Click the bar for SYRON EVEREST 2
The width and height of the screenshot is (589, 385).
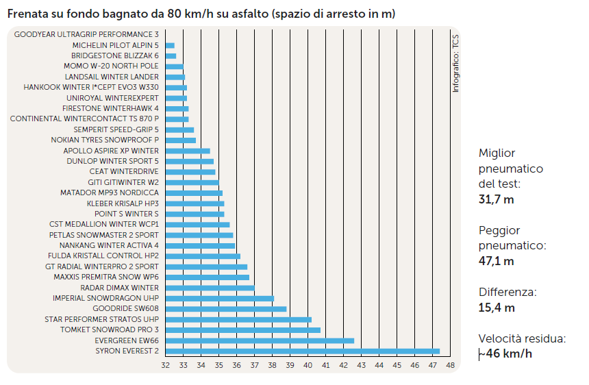tap(302, 351)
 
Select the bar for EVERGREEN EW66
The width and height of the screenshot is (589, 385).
tap(260, 340)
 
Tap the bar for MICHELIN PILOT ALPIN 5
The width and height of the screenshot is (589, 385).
tap(170, 45)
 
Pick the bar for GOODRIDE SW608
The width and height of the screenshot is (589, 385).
tap(226, 309)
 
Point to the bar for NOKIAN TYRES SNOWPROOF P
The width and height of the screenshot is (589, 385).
tap(181, 140)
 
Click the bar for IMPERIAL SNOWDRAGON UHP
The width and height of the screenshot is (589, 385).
tap(220, 299)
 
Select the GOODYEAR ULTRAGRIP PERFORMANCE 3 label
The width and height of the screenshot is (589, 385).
tap(86, 34)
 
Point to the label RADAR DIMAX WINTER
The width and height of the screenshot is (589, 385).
tap(119, 288)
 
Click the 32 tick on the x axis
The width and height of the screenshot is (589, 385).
tap(166, 365)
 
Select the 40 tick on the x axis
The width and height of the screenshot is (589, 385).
tap(308, 365)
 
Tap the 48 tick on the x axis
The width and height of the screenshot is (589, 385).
tap(450, 365)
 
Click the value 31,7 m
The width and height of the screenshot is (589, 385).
tap(496, 200)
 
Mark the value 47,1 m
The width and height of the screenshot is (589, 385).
tap(496, 261)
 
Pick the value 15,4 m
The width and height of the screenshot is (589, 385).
tap(496, 308)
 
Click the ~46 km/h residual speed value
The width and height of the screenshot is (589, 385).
tap(505, 354)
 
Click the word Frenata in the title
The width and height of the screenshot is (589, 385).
tap(27, 14)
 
